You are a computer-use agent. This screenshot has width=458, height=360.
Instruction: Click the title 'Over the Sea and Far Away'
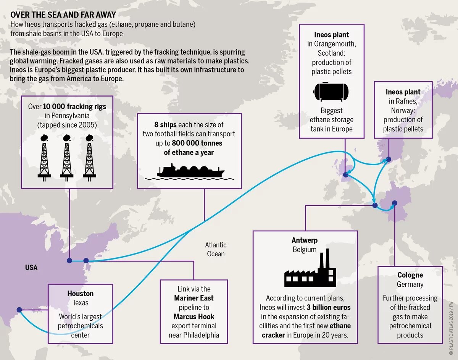click(63, 15)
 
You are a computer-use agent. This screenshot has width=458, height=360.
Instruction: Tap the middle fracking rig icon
click(67, 157)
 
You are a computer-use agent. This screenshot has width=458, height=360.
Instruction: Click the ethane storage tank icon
click(331, 91)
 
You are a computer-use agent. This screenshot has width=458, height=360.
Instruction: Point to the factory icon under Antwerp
click(310, 270)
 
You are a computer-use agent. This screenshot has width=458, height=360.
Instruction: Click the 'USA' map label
click(31, 267)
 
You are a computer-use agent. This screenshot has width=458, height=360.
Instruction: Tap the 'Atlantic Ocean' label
click(216, 249)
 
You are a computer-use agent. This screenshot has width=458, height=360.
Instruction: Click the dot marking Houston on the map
click(19, 310)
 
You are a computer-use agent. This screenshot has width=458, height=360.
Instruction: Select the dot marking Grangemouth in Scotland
click(345, 175)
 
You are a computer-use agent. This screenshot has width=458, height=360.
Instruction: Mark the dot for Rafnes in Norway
click(388, 159)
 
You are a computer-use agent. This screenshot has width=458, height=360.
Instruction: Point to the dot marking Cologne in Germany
click(395, 203)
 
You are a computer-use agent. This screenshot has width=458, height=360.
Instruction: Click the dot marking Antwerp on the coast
click(375, 206)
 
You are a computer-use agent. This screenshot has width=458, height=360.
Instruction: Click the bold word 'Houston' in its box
click(80, 294)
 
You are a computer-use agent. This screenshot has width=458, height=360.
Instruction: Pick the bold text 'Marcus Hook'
click(194, 316)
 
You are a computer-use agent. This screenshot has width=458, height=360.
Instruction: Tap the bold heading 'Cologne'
click(410, 275)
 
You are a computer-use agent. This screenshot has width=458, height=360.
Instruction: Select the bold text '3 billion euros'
click(327, 307)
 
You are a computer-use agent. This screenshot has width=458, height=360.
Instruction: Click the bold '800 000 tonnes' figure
click(197, 143)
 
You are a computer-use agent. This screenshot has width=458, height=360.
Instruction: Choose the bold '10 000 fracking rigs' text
click(74, 107)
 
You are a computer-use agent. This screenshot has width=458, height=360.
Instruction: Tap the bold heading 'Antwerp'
click(305, 240)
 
